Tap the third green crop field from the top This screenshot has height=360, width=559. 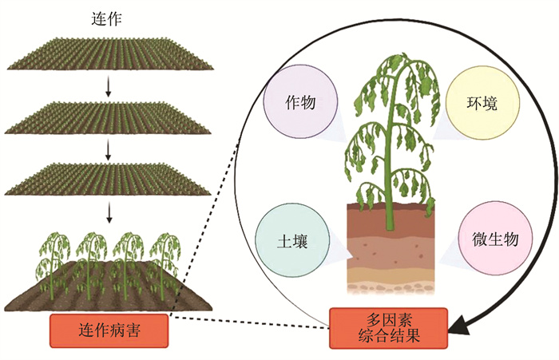pyautogui.click(x=108, y=177)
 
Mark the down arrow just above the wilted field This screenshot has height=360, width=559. pyautogui.click(x=108, y=212)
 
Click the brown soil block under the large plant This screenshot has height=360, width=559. pyautogui.click(x=389, y=239)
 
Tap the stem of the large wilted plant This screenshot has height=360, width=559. pyautogui.click(x=390, y=160)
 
